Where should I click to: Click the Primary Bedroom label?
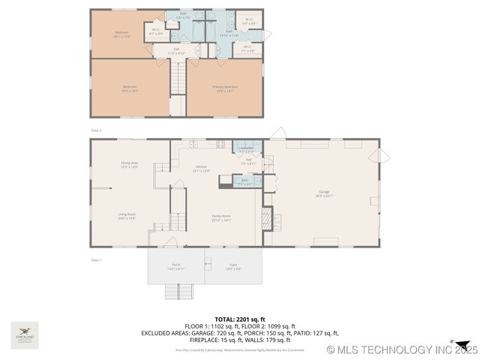(x=225, y=88)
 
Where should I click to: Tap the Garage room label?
(x=324, y=194)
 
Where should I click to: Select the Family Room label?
(x=220, y=217)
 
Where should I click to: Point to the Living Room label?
(x=126, y=216)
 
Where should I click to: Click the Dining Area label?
(x=129, y=165)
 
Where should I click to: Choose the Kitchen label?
(x=201, y=169)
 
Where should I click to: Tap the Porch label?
(x=175, y=266)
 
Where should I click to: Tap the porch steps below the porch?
(x=175, y=292)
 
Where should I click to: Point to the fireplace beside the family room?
(x=266, y=217)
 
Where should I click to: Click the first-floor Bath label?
(x=244, y=181)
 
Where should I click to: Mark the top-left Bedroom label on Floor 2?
(x=121, y=34)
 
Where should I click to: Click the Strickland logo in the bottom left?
(x=25, y=332)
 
